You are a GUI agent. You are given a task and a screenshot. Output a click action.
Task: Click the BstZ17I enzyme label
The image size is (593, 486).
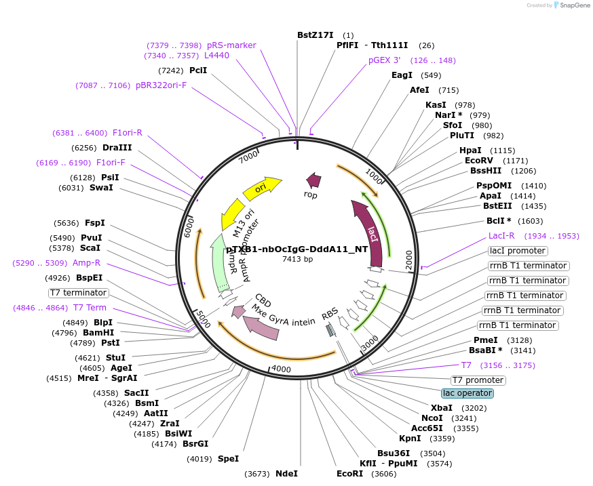[315, 35]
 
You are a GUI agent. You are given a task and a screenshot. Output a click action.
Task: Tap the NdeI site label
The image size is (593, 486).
[286, 474]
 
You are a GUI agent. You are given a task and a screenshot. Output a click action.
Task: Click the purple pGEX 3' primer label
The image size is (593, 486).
[385, 60]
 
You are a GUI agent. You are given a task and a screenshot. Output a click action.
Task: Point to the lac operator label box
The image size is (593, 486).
[467, 393]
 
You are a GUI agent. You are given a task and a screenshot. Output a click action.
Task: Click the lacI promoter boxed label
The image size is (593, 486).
[518, 251]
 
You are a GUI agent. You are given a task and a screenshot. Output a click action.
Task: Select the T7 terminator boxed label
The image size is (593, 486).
[79, 293]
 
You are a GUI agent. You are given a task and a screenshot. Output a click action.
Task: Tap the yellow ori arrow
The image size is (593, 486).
[262, 188]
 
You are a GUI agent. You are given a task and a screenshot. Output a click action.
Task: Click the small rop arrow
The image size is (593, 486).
[313, 180]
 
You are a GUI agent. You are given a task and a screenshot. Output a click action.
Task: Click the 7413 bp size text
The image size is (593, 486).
[298, 259]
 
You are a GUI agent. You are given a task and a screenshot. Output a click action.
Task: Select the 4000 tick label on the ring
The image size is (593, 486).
[280, 369]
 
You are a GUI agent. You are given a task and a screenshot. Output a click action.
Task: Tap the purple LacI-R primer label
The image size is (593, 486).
[501, 236]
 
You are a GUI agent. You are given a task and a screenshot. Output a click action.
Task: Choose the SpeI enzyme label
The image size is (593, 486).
[228, 459]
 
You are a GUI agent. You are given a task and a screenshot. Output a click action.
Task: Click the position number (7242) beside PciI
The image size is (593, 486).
[171, 70]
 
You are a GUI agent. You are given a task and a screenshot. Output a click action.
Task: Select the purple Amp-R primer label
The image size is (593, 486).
[86, 263]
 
